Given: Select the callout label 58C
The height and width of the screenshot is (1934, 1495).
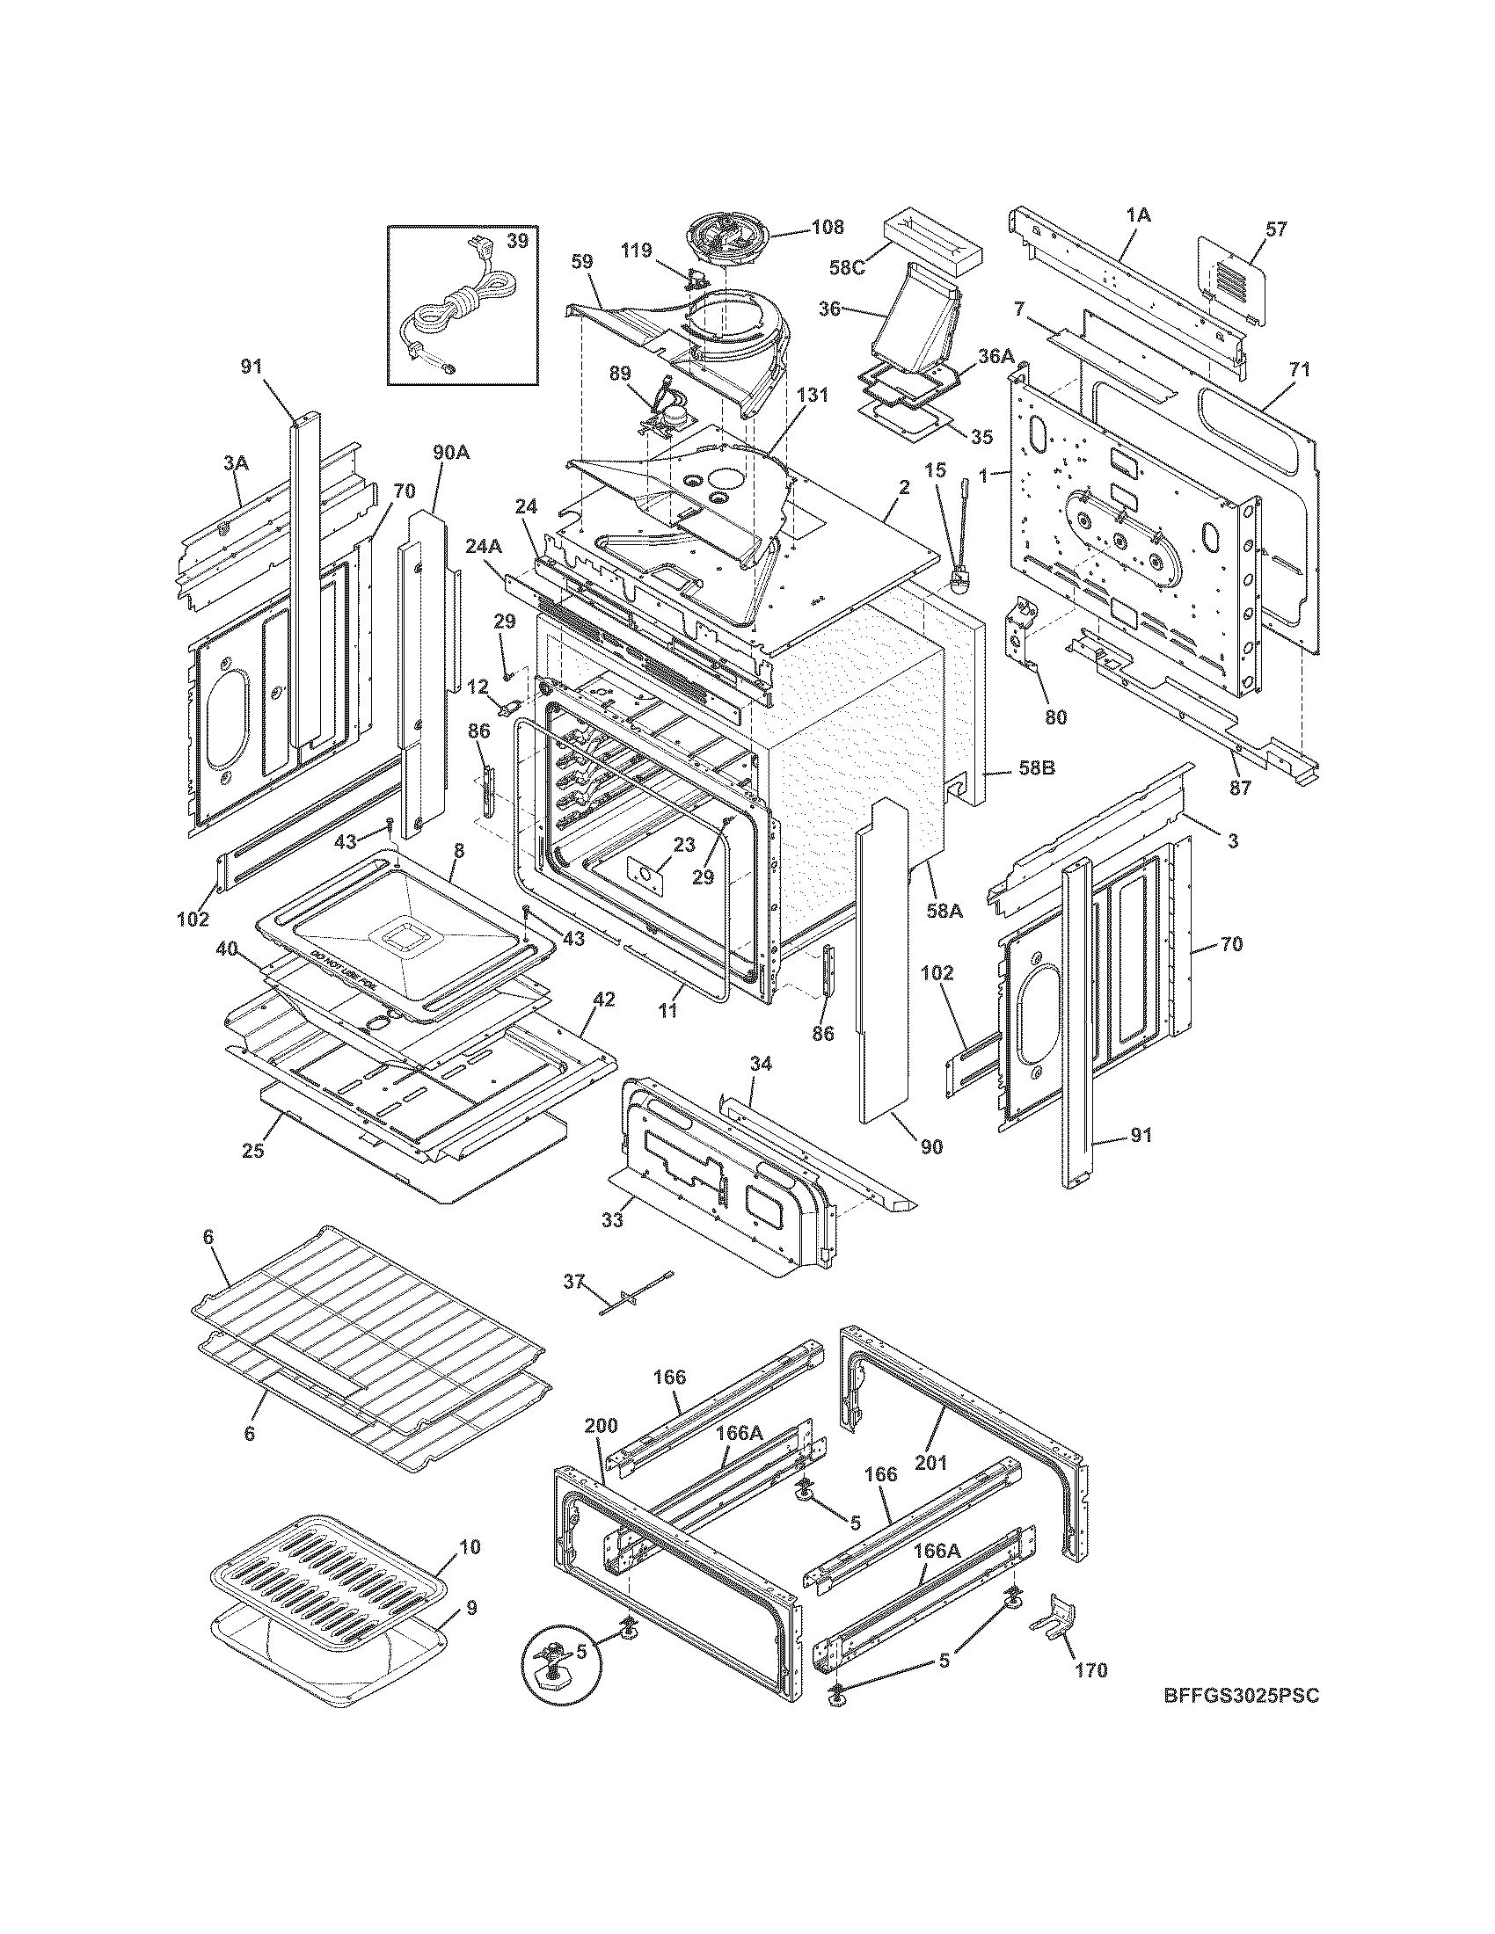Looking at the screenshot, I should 847,266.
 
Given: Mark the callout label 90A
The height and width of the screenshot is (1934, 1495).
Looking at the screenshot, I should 451,453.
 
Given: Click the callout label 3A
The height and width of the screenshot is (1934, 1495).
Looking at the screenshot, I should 236,462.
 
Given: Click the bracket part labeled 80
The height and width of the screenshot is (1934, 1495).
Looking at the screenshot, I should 1024,633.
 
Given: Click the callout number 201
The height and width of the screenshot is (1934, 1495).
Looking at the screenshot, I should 930,1463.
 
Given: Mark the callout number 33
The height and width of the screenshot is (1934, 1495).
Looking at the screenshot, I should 611,1220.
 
